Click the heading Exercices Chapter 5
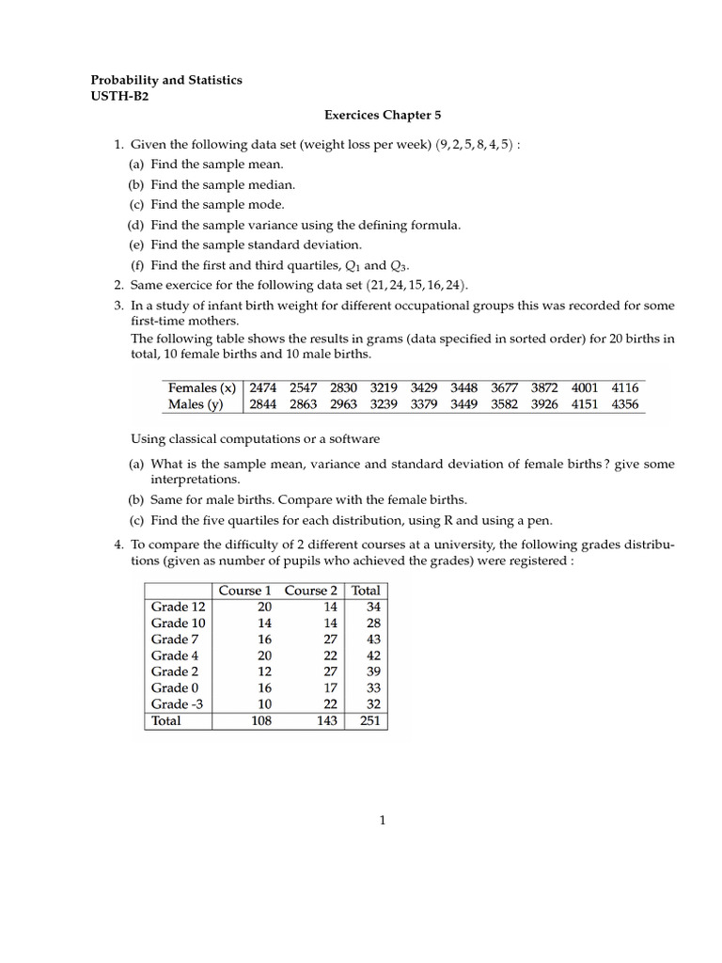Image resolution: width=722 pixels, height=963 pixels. point(383,115)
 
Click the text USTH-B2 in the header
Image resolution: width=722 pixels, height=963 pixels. point(119,97)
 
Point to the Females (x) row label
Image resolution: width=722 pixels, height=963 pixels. point(201,387)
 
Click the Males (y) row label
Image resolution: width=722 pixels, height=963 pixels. point(196,404)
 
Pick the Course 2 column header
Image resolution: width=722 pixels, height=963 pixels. point(311,591)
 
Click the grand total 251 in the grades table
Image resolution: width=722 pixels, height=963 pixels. point(365,721)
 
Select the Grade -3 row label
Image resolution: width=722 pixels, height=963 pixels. point(176,704)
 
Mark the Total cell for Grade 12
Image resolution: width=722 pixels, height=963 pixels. point(367,607)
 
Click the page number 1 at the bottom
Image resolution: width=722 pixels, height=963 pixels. point(383,820)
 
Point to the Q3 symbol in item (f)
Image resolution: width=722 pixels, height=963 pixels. point(400,265)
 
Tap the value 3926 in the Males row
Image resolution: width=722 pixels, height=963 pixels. point(544,404)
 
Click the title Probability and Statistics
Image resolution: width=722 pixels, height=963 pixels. point(165,80)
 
